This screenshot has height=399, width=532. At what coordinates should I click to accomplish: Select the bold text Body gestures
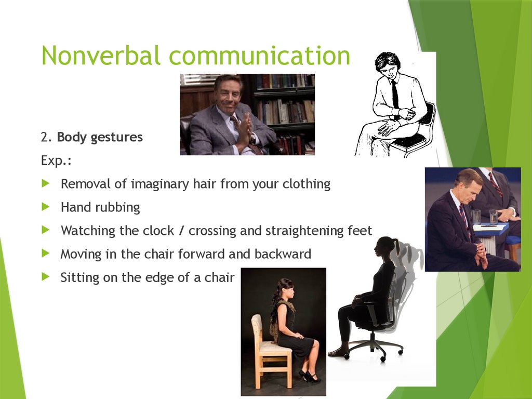100,138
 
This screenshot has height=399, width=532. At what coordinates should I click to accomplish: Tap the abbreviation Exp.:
56,161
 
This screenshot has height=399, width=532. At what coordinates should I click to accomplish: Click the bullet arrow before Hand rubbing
47,207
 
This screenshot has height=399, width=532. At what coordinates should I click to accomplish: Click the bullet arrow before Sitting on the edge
47,277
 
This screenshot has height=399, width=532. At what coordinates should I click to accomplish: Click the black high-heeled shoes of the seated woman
310,376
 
